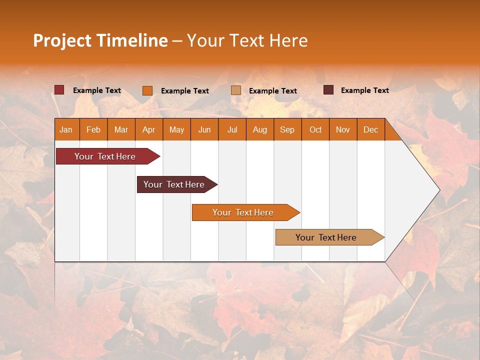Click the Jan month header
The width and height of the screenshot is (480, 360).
[x=66, y=129]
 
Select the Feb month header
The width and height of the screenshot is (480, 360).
[x=93, y=129]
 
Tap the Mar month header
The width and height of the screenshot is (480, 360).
[x=121, y=129]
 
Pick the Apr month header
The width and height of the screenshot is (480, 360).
[x=149, y=129]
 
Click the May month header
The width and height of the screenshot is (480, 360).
[x=176, y=129]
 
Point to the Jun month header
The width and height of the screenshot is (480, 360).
[x=204, y=129]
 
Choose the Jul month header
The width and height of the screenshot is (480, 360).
[x=232, y=129]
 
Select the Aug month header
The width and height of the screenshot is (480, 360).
[x=260, y=129]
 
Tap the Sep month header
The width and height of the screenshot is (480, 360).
[x=287, y=129]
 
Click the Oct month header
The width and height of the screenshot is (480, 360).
[x=315, y=129]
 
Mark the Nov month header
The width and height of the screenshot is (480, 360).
[x=343, y=129]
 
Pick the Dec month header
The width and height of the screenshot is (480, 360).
[x=371, y=129]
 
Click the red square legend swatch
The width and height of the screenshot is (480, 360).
[x=59, y=90]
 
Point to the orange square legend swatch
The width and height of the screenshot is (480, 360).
[x=147, y=90]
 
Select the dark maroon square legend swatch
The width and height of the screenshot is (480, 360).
[x=328, y=90]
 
